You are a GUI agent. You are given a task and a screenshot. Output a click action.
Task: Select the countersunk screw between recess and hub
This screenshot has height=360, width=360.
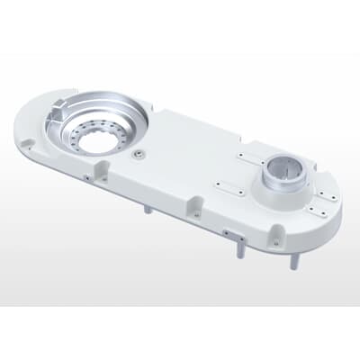(137, 155)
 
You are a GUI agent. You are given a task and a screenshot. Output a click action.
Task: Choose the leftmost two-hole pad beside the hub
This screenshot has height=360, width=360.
(229, 186)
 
